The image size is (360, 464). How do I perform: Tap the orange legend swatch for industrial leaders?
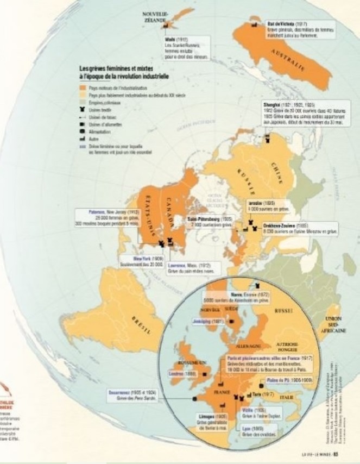point(83,86)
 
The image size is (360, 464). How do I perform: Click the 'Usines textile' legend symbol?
point(83,109)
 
